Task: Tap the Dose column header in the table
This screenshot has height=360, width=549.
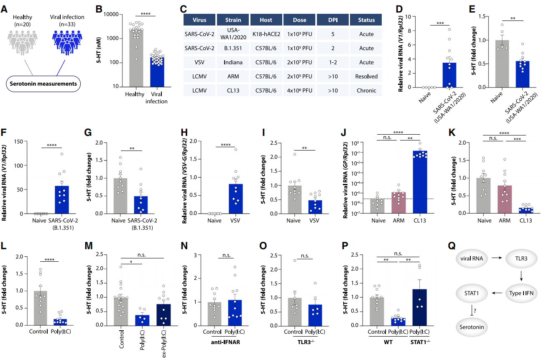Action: click(299, 20)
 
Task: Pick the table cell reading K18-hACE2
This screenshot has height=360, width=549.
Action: click(266, 34)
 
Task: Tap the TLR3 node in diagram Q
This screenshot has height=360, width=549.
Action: click(519, 260)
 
